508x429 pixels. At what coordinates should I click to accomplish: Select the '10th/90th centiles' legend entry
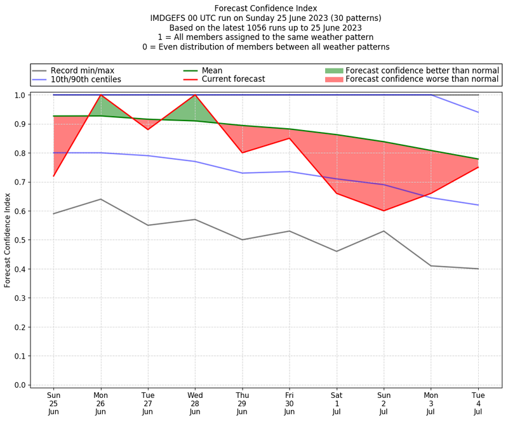tap(86, 79)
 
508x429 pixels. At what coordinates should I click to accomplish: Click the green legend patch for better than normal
tap(333, 70)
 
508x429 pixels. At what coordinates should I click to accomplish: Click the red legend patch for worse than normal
tap(333, 79)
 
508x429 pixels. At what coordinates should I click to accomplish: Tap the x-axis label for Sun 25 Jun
tap(53, 404)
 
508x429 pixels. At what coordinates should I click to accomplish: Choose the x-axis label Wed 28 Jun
tap(195, 404)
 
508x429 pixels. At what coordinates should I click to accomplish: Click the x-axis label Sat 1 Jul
tap(337, 404)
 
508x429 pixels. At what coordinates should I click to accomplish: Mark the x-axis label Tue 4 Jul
tap(478, 404)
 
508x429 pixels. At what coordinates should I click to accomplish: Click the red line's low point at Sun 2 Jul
tap(384, 211)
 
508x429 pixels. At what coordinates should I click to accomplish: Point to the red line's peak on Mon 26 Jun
tap(100, 95)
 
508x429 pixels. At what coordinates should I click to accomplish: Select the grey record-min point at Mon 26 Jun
tap(100, 199)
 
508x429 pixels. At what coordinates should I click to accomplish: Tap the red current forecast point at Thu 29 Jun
tap(242, 153)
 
